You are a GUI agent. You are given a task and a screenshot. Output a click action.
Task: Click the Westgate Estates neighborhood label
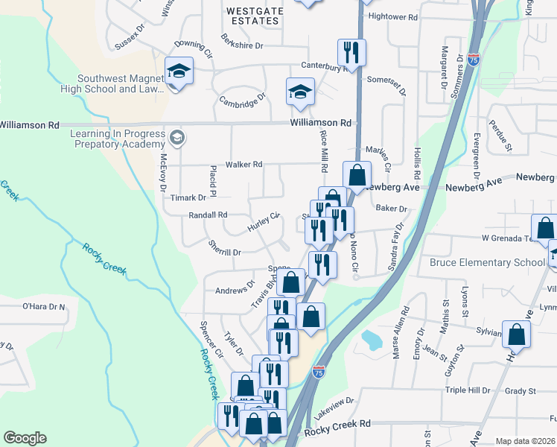click(253, 16)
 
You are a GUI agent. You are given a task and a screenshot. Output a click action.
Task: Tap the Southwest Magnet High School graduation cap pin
click(179, 72)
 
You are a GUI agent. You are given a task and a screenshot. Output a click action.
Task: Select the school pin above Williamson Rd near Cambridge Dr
click(300, 92)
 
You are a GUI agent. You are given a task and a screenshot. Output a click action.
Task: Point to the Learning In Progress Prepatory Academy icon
click(177, 136)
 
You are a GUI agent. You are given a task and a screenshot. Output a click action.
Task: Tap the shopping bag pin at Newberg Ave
click(357, 176)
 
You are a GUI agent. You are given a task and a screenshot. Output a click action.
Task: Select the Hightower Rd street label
click(393, 16)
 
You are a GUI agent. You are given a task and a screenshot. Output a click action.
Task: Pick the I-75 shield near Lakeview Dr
click(319, 370)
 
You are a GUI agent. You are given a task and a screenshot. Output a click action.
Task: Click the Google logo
click(25, 438)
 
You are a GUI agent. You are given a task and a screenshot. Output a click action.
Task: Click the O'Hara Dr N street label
click(44, 306)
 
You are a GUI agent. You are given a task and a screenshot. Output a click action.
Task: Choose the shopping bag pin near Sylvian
click(516, 335)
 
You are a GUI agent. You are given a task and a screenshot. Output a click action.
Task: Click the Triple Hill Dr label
click(468, 390)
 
